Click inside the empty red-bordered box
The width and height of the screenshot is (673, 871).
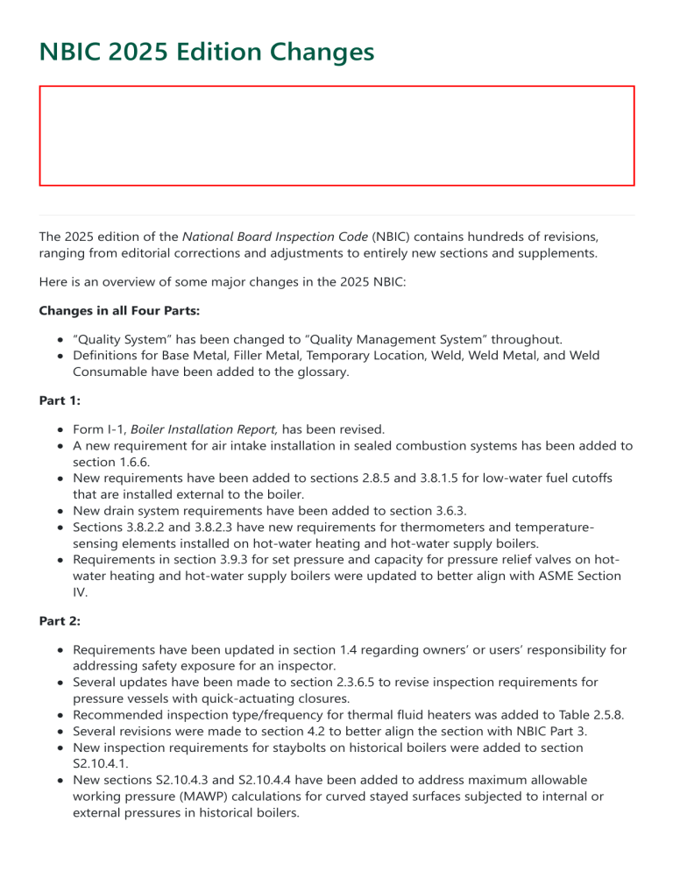[x=336, y=136]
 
